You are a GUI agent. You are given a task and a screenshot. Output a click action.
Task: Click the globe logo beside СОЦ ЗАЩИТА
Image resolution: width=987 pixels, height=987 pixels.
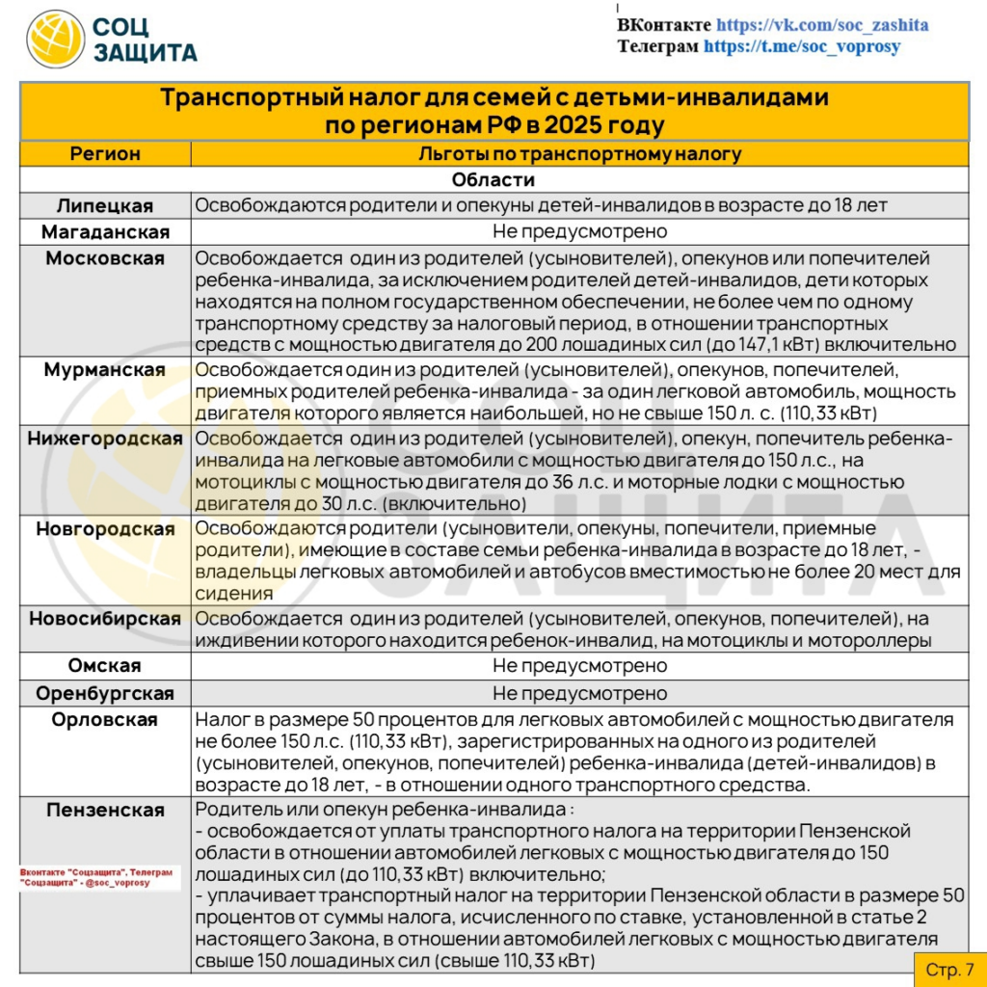[56, 39]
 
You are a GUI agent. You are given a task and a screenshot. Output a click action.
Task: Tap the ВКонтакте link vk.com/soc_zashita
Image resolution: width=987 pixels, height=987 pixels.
[822, 25]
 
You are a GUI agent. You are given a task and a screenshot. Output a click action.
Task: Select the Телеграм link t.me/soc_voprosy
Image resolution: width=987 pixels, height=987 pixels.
[802, 46]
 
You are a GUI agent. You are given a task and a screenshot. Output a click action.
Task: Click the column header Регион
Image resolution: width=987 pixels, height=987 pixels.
[105, 154]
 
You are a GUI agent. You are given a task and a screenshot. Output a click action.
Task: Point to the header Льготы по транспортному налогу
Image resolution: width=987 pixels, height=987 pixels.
[579, 154]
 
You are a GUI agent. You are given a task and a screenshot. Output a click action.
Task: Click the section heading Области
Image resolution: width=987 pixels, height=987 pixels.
[493, 180]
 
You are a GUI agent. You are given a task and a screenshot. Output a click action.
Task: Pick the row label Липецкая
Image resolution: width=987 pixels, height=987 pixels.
[105, 205]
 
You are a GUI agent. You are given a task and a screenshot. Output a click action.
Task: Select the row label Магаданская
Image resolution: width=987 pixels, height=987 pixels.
[105, 232]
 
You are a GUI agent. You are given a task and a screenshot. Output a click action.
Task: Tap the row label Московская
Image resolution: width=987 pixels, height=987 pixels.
[105, 258]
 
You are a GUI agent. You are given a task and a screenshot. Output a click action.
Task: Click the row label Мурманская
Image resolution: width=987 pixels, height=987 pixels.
[105, 370]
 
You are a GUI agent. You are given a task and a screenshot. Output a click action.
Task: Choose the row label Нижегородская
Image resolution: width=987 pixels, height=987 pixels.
[105, 440]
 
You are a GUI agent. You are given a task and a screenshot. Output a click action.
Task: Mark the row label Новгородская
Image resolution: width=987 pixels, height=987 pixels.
[105, 529]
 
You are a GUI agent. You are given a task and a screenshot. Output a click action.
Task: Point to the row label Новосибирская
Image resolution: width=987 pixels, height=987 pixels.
[105, 619]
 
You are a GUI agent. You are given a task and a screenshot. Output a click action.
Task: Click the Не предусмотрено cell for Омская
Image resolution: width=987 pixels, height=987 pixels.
[579, 666]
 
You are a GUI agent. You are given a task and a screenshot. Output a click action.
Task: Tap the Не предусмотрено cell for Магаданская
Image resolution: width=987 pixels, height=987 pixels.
[579, 232]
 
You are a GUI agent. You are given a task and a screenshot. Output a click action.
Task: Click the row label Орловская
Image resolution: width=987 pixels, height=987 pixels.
[105, 720]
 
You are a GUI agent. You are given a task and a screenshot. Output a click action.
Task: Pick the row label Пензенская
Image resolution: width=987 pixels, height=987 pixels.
[105, 810]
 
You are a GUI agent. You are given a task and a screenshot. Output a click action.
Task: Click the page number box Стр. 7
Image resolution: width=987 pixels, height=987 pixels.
[949, 969]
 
